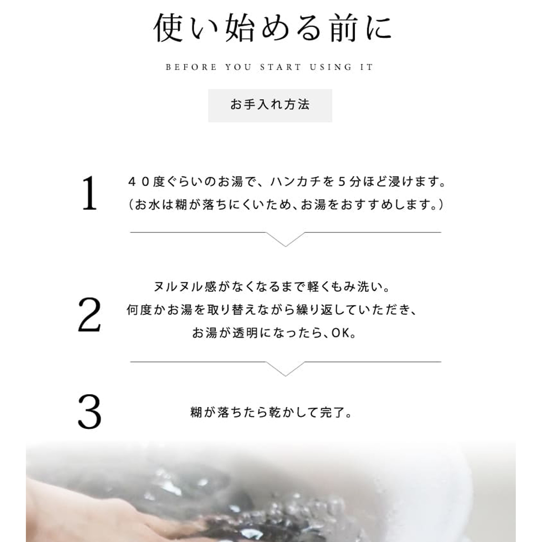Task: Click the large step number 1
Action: click(x=90, y=193)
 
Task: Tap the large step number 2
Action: click(x=89, y=315)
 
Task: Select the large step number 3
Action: click(x=90, y=412)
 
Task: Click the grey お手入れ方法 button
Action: click(x=270, y=105)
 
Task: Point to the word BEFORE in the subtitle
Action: click(x=191, y=67)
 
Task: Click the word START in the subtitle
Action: click(x=281, y=67)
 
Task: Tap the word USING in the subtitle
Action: click(x=331, y=67)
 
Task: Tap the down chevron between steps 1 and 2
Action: click(x=286, y=239)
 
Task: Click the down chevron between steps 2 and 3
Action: click(x=286, y=369)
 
